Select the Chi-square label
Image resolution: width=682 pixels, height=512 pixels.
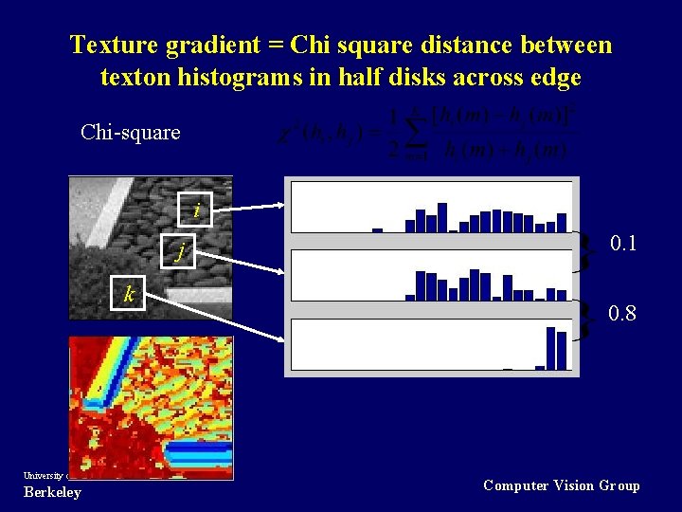(x=131, y=132)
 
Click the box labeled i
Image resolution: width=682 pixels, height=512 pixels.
(x=196, y=210)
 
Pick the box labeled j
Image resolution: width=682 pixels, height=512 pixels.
(x=178, y=251)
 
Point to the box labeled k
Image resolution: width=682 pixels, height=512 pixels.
(x=128, y=294)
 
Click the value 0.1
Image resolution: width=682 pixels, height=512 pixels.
(x=623, y=244)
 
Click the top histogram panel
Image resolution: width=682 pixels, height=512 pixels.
(x=431, y=207)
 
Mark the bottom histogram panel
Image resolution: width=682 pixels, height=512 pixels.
(x=431, y=344)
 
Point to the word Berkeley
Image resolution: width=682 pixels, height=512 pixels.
(x=52, y=492)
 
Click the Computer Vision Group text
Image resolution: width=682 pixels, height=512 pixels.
(x=562, y=485)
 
